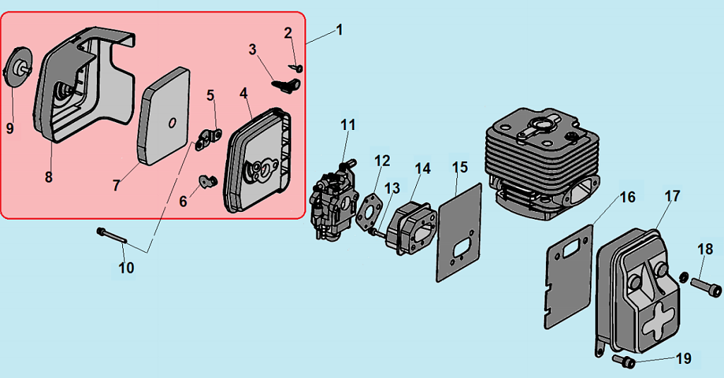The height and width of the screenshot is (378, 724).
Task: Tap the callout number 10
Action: [126, 268]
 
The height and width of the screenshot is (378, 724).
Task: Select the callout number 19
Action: [683, 358]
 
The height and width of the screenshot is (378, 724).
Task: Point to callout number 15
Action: [460, 167]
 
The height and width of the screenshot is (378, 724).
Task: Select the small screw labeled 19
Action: [624, 362]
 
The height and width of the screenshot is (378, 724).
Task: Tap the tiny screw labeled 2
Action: [297, 68]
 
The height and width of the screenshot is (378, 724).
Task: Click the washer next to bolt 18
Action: [684, 276]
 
